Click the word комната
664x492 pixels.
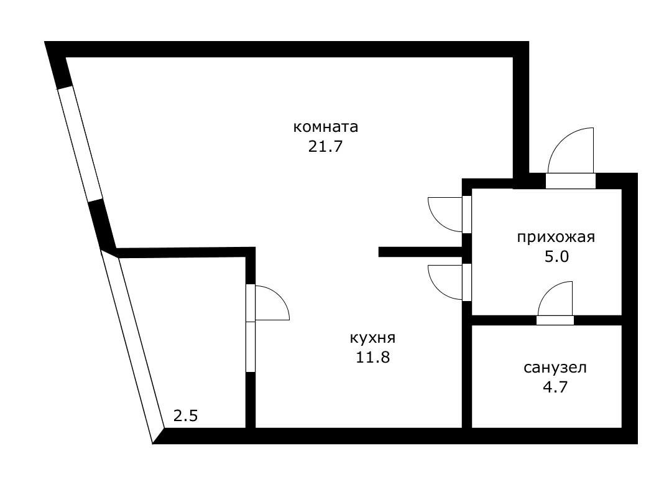326,128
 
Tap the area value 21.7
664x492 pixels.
326,147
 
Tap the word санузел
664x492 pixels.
555,368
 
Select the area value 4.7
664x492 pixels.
555,388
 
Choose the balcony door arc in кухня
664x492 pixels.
272,302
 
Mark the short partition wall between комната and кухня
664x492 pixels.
420,252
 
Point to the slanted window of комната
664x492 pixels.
79,143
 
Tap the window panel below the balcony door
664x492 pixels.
251,346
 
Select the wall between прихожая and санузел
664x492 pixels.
504,320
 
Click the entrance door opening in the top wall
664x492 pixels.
570,181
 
